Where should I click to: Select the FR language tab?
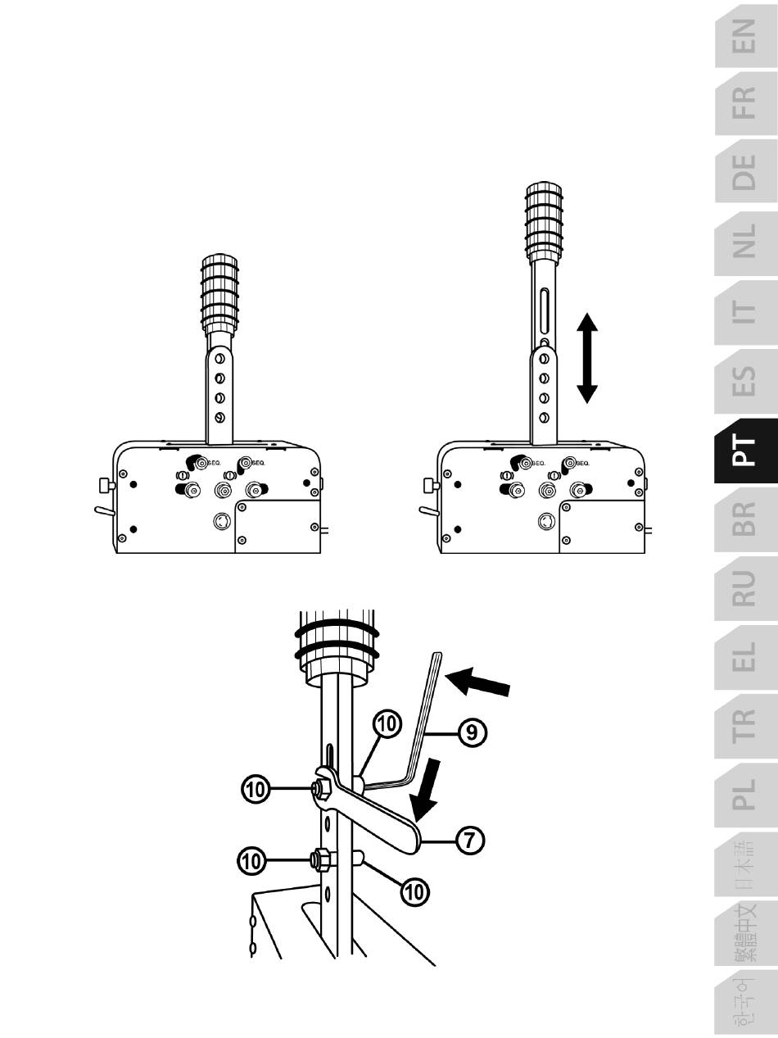pyautogui.click(x=745, y=104)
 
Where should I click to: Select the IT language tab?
pyautogui.click(x=745, y=312)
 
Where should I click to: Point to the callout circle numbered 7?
pyautogui.click(x=469, y=841)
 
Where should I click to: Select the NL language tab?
pyautogui.click(x=745, y=243)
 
